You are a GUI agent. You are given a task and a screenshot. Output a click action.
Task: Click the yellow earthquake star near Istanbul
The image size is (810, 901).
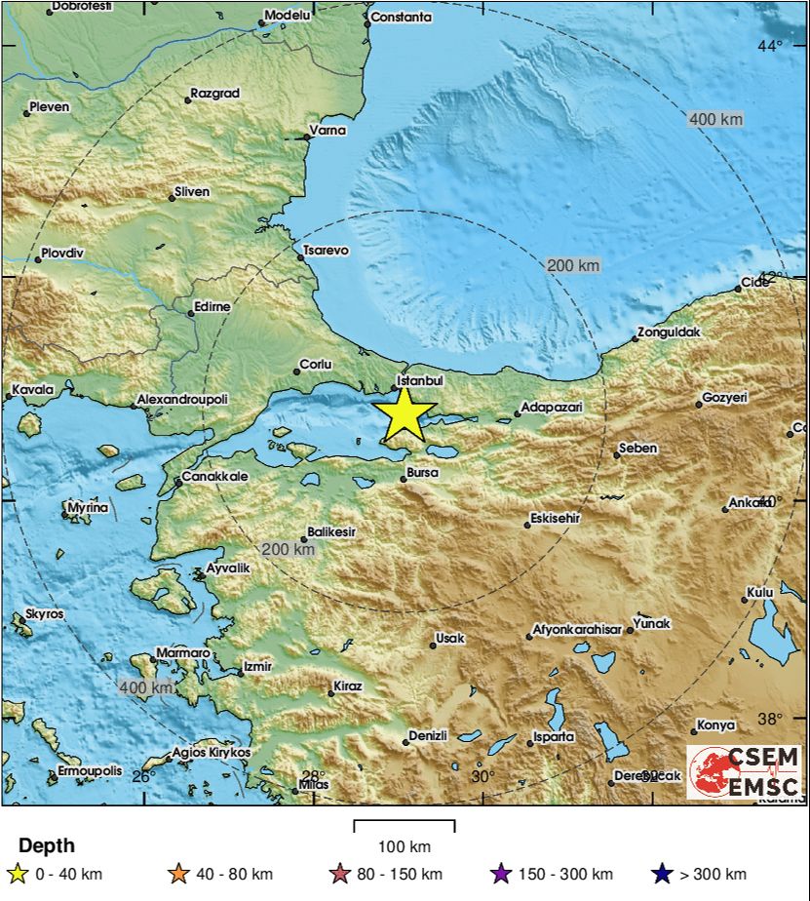click(x=404, y=414)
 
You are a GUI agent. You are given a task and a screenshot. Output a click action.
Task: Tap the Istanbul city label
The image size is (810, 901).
click(x=421, y=380)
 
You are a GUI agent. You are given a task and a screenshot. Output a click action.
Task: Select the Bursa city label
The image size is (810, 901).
click(x=422, y=473)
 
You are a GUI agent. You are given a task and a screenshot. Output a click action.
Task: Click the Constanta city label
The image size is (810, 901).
click(x=401, y=17)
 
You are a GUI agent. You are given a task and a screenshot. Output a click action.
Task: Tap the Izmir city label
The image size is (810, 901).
click(x=258, y=666)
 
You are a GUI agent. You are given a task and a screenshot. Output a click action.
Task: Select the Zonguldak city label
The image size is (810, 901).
click(x=669, y=333)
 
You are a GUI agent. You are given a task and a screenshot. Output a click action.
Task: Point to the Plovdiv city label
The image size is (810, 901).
click(x=62, y=253)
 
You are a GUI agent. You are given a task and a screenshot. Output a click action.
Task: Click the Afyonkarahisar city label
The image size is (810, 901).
click(x=577, y=630)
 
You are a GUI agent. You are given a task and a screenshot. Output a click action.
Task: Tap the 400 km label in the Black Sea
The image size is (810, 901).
click(x=715, y=119)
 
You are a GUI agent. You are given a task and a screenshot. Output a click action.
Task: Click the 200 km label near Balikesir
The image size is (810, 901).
click(x=288, y=550)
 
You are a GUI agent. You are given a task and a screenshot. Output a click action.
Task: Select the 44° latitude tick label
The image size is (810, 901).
click(x=770, y=45)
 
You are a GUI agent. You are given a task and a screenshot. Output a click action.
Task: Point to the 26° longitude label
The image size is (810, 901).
click(x=143, y=776)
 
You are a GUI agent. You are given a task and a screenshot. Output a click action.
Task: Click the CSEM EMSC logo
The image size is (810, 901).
click(x=744, y=772)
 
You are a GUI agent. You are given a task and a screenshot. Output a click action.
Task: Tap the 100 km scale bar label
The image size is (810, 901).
click(x=404, y=845)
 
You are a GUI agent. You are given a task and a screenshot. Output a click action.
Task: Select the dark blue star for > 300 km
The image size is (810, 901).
click(x=663, y=874)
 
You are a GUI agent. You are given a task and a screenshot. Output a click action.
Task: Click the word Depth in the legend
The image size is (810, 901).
click(x=46, y=845)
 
